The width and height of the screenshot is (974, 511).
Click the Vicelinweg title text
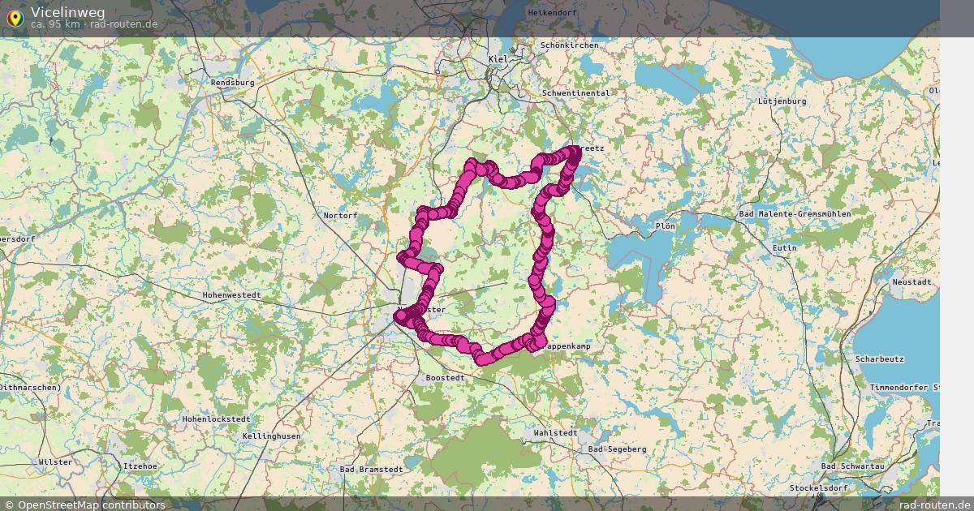[x=67, y=11]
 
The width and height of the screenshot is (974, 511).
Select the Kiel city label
[x=498, y=60]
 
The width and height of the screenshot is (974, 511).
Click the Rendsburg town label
[x=232, y=83]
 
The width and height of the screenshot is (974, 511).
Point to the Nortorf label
[x=340, y=215]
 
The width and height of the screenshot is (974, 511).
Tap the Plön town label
[x=664, y=225]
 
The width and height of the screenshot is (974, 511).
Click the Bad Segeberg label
[x=617, y=449]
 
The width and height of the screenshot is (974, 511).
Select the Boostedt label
[x=445, y=378]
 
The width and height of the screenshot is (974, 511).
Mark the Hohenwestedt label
[x=231, y=295]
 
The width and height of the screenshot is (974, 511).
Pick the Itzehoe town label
[x=140, y=466]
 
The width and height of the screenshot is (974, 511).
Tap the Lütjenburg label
[x=782, y=101]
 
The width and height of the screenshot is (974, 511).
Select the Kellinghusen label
[x=271, y=436]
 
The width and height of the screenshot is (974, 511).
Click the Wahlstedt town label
[x=555, y=433]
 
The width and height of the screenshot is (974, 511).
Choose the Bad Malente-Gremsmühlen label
[x=795, y=213]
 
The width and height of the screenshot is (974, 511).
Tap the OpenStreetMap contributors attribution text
[x=90, y=505]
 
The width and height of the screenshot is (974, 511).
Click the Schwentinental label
[x=575, y=93]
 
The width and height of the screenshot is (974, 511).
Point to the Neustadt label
[x=912, y=281]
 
